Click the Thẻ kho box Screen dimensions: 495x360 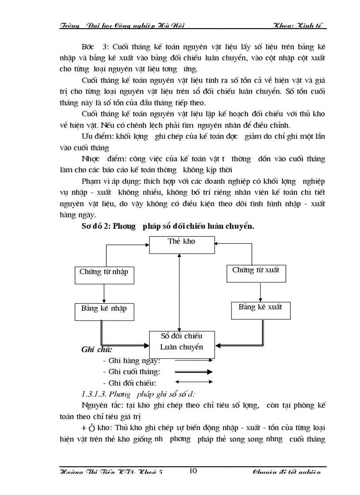[x=181, y=244]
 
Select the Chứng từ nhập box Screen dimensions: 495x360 [x=104, y=274]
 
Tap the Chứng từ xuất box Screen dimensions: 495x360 [x=256, y=272]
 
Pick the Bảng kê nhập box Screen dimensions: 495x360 [x=104, y=310]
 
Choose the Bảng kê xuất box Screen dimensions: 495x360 [x=261, y=309]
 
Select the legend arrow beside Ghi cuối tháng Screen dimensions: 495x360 [x=194, y=372]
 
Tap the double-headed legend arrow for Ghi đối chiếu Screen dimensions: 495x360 [x=194, y=382]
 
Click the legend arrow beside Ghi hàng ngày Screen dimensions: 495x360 [x=194, y=361]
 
